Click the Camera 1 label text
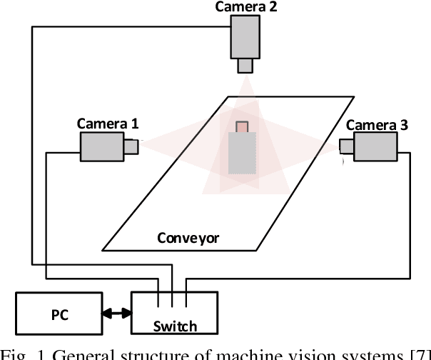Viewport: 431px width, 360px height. (108, 123)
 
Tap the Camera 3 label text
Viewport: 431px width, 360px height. (377, 125)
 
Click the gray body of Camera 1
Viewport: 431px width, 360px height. (101, 146)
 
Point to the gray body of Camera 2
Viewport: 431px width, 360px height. (245, 38)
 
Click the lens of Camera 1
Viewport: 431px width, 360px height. (131, 146)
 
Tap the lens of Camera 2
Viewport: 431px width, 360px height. (245, 66)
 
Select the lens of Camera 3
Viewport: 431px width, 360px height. (346, 146)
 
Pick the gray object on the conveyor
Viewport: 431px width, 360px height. (242, 154)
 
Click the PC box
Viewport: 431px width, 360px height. (61, 313)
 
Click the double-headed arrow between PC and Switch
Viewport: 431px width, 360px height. (117, 313)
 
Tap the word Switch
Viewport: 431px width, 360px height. (175, 326)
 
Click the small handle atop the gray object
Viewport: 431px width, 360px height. (242, 126)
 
